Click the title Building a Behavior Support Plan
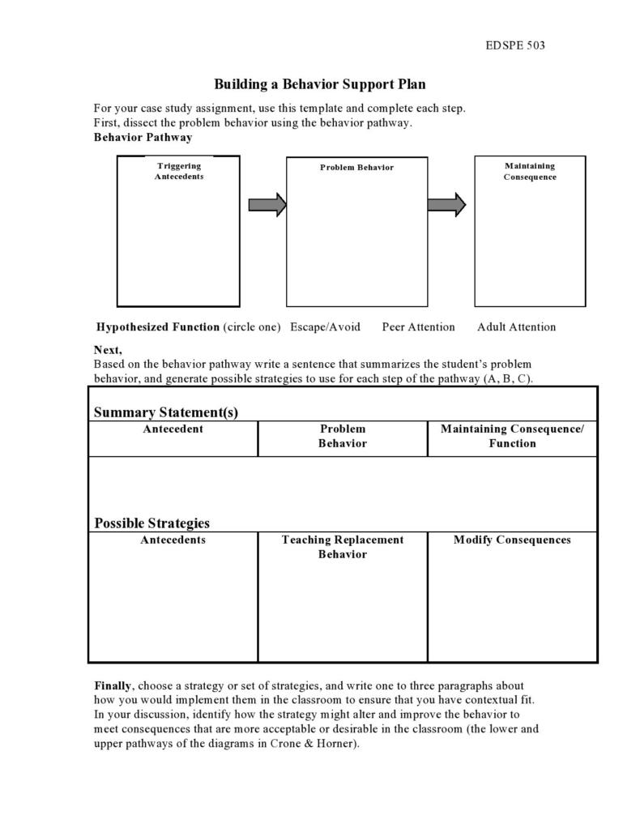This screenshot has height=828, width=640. pyautogui.click(x=319, y=84)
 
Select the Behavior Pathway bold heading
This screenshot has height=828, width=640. pyautogui.click(x=143, y=137)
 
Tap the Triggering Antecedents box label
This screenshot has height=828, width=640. pyautogui.click(x=179, y=171)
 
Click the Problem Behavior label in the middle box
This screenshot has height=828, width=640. pyautogui.click(x=356, y=168)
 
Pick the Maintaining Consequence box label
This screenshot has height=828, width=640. pyautogui.click(x=529, y=171)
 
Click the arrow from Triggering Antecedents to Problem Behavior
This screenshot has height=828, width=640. pyautogui.click(x=267, y=205)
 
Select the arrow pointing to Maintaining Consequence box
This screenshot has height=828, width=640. pyautogui.click(x=446, y=205)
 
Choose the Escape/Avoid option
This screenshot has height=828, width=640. pyautogui.click(x=325, y=327)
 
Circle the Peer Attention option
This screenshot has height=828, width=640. pyautogui.click(x=418, y=327)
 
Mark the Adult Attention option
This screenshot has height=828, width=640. pyautogui.click(x=516, y=327)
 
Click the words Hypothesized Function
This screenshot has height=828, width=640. pyautogui.click(x=157, y=327)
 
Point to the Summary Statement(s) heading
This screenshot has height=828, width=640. pyautogui.click(x=166, y=412)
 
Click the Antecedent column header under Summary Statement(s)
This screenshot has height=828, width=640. pyautogui.click(x=173, y=429)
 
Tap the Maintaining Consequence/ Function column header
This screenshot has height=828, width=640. pyautogui.click(x=512, y=436)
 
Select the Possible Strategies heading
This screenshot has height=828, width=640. pyautogui.click(x=151, y=523)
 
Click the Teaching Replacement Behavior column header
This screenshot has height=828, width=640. pyautogui.click(x=342, y=547)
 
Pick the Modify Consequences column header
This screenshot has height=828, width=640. pyautogui.click(x=512, y=540)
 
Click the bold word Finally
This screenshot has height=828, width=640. pyautogui.click(x=113, y=685)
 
